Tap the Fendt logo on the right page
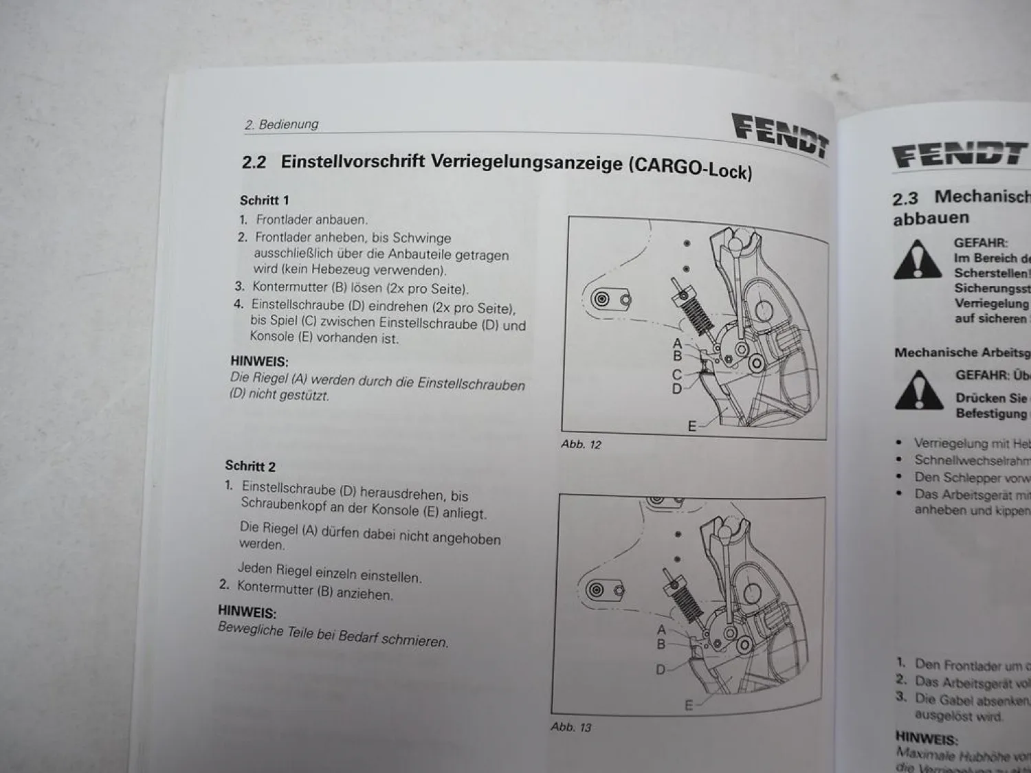pos(960,155)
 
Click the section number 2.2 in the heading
pos(254,162)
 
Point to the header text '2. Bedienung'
pos(282,124)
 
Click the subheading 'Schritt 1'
pos(264,201)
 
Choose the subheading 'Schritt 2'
pos(250,466)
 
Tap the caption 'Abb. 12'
pos(581,445)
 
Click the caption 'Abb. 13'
pos(570,726)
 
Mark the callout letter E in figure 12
pos(692,427)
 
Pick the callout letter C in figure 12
pos(676,374)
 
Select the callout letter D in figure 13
pos(661,669)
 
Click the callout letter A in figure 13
pos(661,629)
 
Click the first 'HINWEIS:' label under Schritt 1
pos(259,361)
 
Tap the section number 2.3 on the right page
pos(906,199)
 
